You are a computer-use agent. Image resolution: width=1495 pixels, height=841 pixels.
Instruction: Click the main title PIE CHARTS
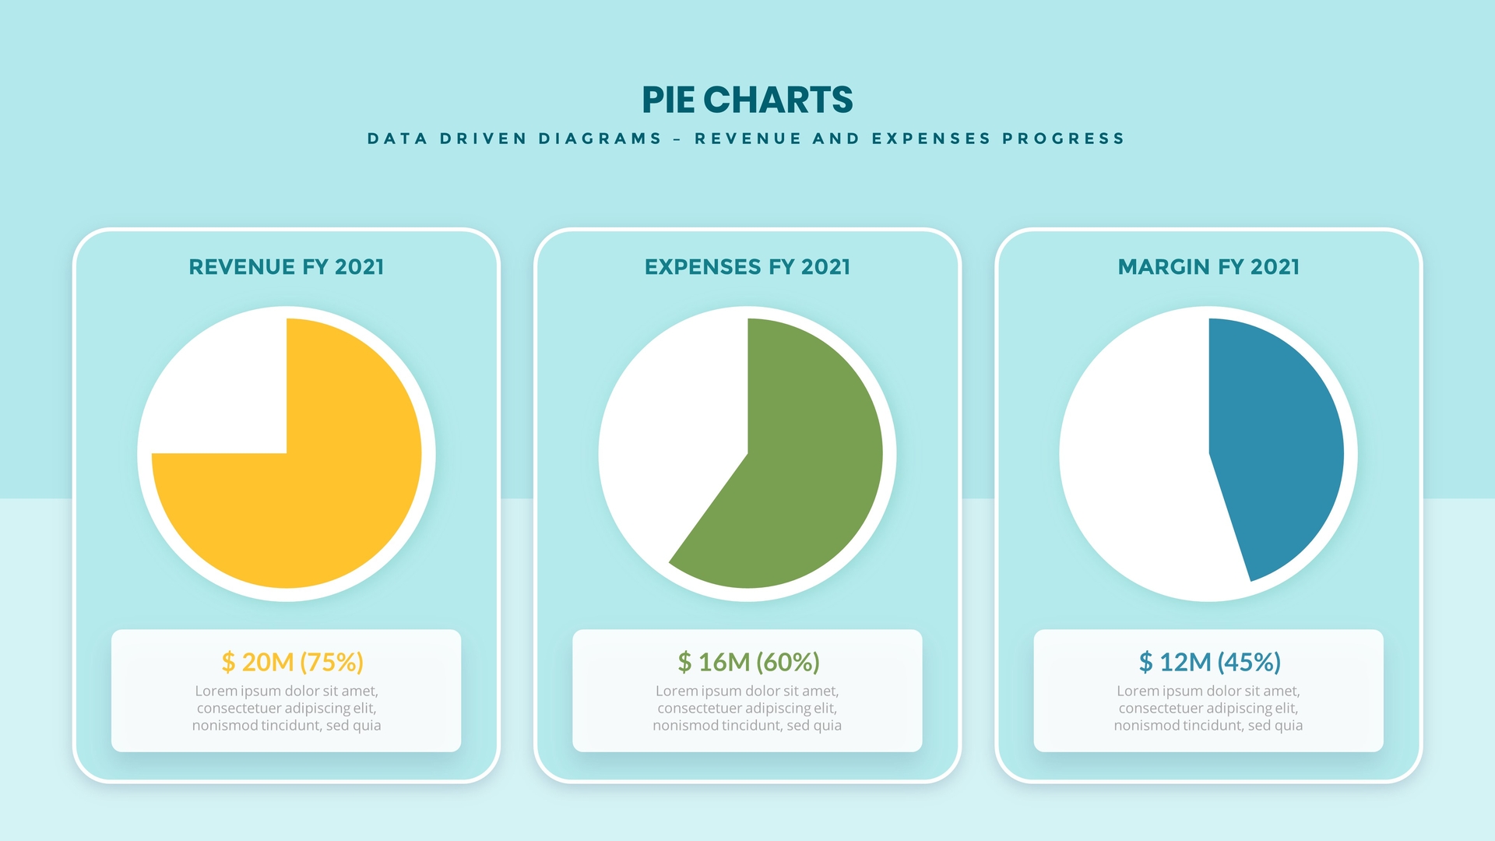coord(747,100)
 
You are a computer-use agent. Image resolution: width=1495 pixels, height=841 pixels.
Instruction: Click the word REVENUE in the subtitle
coord(747,139)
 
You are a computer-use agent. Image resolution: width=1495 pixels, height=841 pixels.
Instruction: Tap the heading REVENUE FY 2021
coord(287,267)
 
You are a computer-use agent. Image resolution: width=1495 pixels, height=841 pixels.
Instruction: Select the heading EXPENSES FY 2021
coord(747,267)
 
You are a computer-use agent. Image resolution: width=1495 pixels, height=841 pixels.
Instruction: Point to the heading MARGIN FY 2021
coord(1208,267)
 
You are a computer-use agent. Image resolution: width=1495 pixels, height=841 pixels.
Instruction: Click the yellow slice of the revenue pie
coord(327,498)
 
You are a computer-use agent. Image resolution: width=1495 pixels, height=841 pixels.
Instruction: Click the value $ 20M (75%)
coord(293,662)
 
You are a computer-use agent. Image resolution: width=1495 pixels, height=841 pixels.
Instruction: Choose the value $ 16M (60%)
coord(748,662)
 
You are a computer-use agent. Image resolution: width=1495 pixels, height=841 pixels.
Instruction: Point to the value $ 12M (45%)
coord(1209,662)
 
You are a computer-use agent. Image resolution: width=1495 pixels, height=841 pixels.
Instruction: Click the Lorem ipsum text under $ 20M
coord(287,708)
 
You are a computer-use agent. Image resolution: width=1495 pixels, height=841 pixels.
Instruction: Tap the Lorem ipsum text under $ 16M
coord(747,708)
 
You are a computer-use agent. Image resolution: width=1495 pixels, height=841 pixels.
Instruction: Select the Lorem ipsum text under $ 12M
coord(1208,708)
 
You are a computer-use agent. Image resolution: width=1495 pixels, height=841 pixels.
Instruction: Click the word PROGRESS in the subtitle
coord(1063,139)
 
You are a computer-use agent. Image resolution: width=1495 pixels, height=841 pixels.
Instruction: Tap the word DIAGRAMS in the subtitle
coord(600,139)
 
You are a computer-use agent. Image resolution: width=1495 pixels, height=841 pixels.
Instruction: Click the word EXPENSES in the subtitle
coord(931,139)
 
